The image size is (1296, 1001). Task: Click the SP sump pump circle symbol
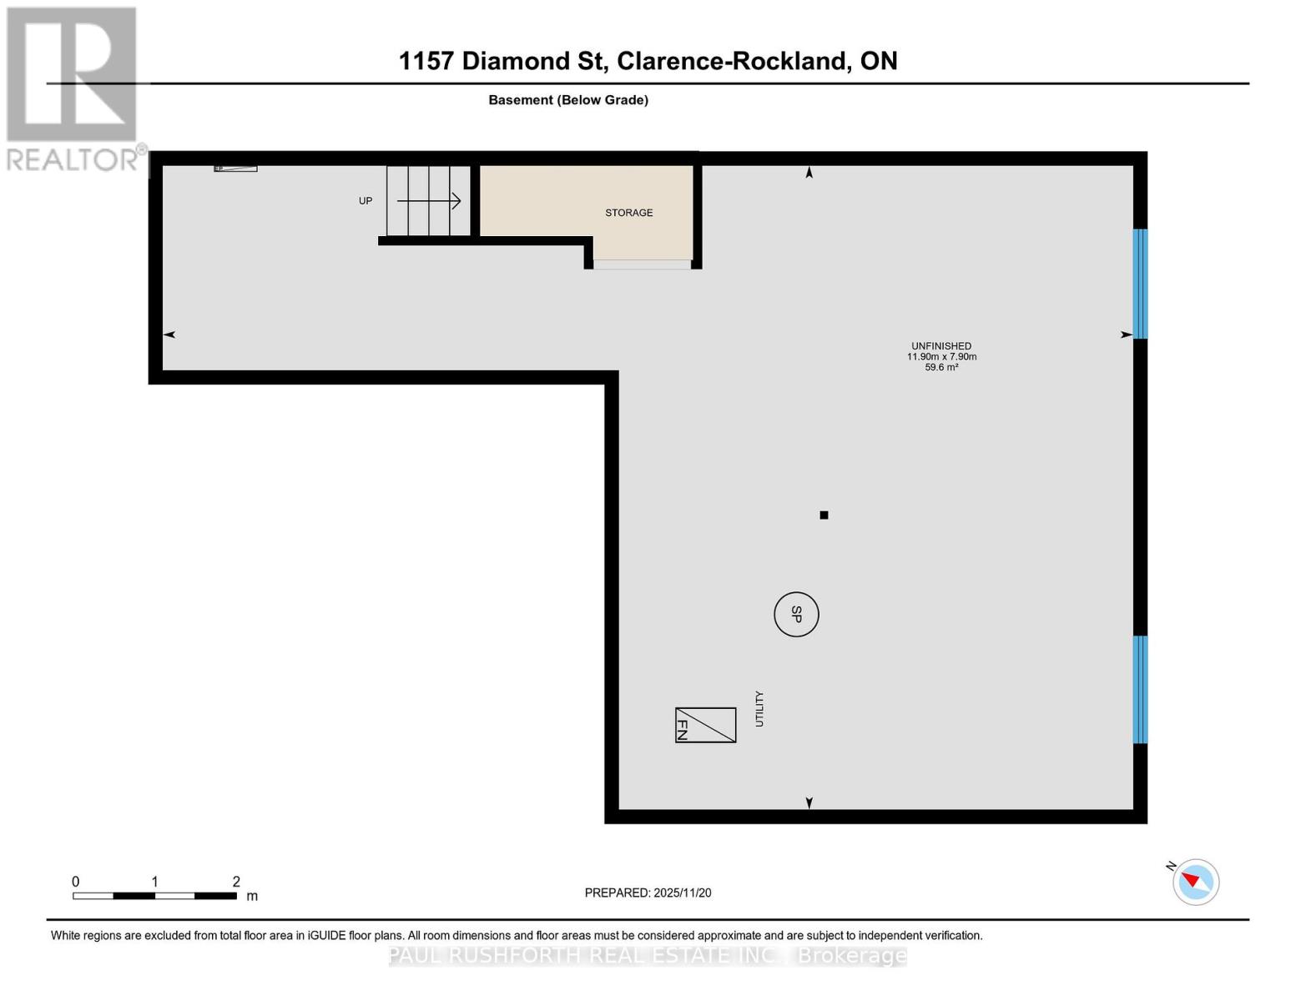coord(796,614)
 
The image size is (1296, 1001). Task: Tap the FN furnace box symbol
coord(705,725)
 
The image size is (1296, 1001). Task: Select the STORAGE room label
coord(628,213)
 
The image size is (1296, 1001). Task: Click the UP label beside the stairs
coord(366,201)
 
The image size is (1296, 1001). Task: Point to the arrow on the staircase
coord(429,201)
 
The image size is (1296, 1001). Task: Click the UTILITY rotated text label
coord(759,709)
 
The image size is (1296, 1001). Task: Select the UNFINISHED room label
coord(940,346)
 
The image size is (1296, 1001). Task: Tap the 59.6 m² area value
coord(940,367)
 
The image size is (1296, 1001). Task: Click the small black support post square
coord(824,516)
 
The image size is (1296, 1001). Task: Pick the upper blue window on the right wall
coord(1140,284)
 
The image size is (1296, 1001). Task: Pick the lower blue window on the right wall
coord(1140,689)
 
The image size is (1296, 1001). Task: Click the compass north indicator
coord(1195,882)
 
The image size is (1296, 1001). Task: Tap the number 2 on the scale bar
coord(236,882)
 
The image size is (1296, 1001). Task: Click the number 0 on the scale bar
coord(76,882)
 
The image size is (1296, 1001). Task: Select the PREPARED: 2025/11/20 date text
coord(648,893)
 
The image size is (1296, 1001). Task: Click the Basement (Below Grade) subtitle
coord(567,100)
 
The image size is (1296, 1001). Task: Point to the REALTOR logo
coord(73,88)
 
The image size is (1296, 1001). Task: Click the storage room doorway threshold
coord(642,264)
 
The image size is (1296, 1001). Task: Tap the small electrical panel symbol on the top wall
coord(235,169)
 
